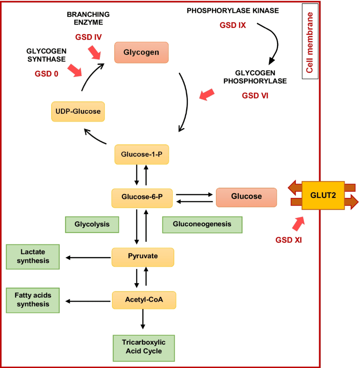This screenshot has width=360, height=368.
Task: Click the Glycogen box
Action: (141, 53)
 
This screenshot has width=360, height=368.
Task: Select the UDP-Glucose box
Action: (78, 111)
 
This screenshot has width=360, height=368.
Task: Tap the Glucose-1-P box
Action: (141, 154)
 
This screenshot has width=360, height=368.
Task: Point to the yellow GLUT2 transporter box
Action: (323, 196)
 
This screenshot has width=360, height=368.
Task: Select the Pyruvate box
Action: (143, 257)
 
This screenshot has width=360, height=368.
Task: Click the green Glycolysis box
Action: (92, 224)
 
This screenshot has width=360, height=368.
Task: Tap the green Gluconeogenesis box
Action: (202, 224)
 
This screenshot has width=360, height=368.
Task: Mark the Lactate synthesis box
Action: (33, 257)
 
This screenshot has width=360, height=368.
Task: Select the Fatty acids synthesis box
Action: (33, 300)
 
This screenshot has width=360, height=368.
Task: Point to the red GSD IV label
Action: (89, 37)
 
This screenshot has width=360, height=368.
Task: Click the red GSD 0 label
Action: (46, 74)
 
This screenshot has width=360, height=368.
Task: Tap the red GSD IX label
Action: (233, 25)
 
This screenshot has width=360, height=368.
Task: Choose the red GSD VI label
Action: (255, 96)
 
